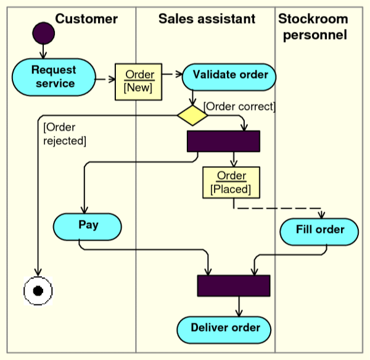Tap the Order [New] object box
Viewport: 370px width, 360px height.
[138, 81]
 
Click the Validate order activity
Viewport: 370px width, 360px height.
[229, 75]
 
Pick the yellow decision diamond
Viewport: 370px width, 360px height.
[192, 115]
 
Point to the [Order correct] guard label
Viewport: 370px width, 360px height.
[239, 106]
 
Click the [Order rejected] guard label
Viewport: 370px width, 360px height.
[64, 134]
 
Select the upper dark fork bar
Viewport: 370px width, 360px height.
[223, 141]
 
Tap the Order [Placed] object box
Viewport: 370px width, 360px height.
[231, 182]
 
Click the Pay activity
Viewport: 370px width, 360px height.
[88, 226]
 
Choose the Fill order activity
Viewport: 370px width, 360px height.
[319, 231]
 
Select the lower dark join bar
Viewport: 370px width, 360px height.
[234, 285]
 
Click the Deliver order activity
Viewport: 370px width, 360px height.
[224, 329]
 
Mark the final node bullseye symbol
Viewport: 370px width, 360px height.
[38, 289]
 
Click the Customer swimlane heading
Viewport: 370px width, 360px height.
[86, 19]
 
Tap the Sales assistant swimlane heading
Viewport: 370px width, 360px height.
[207, 19]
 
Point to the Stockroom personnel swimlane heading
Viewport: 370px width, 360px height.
[314, 27]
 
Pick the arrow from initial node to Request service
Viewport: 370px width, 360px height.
[43, 52]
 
